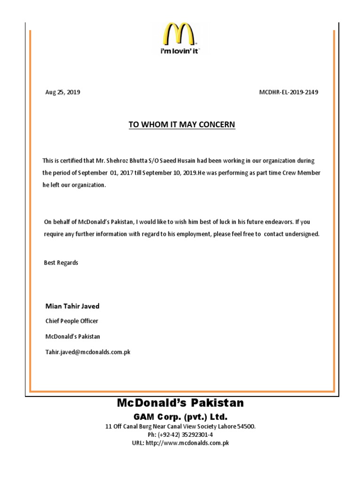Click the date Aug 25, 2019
click(63, 92)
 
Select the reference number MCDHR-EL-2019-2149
click(289, 92)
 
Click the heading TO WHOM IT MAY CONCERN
click(181, 124)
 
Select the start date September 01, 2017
click(100, 173)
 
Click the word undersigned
click(301, 233)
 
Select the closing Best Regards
click(61, 263)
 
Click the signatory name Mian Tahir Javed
click(72, 306)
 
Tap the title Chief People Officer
click(71, 321)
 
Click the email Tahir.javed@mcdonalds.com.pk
click(87, 352)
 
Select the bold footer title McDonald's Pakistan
click(180, 403)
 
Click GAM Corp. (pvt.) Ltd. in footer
click(180, 417)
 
